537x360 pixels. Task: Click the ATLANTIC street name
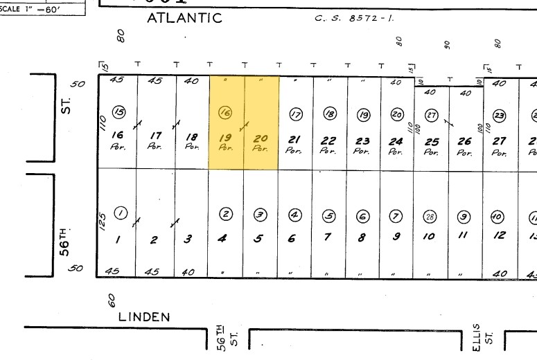click(184, 19)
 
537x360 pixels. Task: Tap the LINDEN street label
click(143, 316)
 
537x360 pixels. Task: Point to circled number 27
click(431, 114)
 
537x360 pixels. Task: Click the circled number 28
click(430, 215)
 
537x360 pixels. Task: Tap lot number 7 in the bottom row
click(328, 237)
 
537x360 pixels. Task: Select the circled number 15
click(119, 111)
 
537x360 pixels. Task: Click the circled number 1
click(121, 213)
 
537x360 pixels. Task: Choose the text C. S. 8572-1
click(353, 19)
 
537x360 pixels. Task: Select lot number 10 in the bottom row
click(430, 237)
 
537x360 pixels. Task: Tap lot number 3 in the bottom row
click(188, 239)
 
